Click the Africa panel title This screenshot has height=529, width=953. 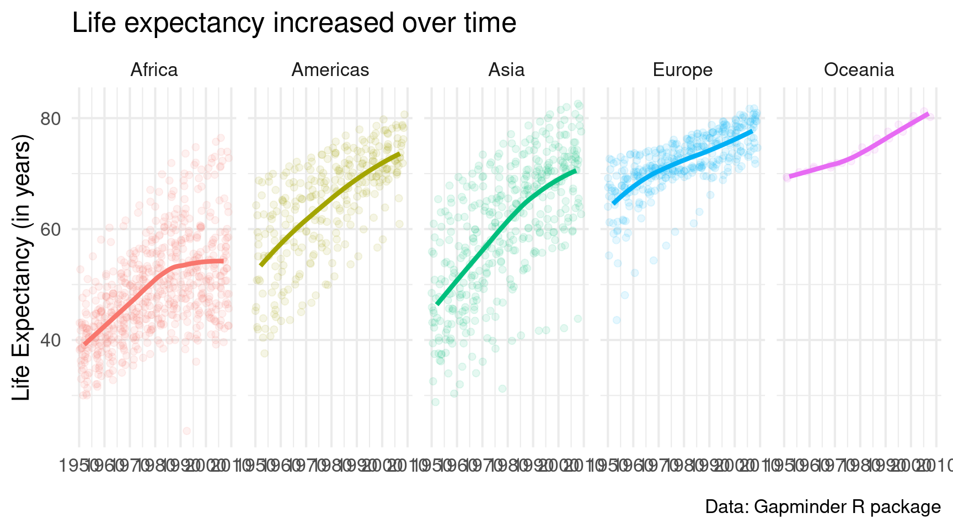point(154,70)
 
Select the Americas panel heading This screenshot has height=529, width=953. point(330,70)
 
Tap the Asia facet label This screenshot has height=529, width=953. point(506,70)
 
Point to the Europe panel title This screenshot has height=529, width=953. point(682,70)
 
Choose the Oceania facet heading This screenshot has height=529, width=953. point(859,70)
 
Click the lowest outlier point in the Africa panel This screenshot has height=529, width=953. point(186,430)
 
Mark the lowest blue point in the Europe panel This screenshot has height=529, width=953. point(617,320)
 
